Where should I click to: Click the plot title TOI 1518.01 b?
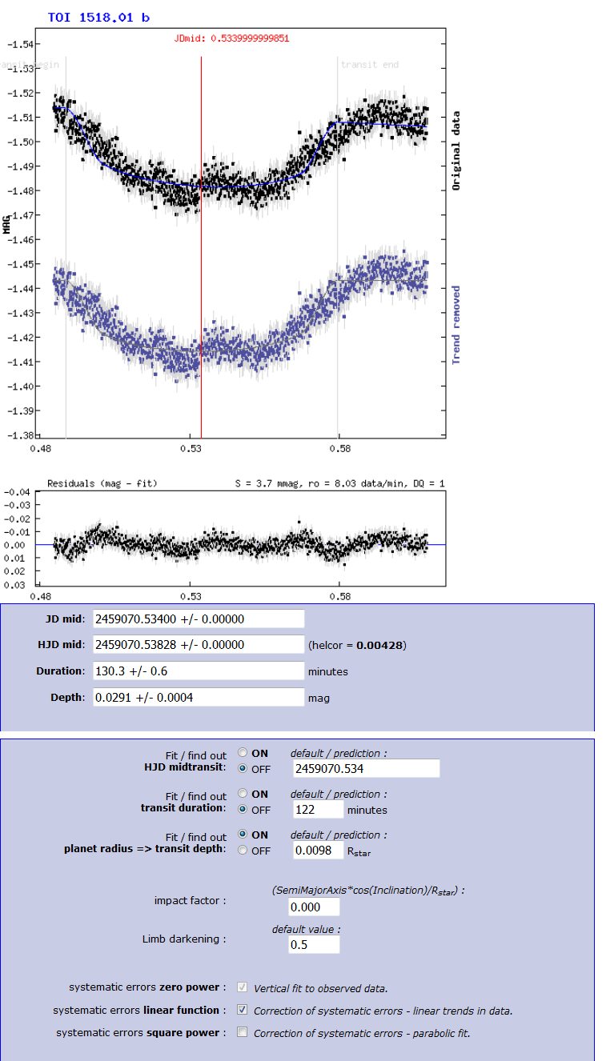click(98, 17)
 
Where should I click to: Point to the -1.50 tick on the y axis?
click(22, 142)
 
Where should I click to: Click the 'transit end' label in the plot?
click(369, 64)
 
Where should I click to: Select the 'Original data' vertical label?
click(457, 150)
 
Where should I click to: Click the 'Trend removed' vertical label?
click(457, 325)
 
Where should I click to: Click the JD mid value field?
click(199, 619)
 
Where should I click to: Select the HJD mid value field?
click(199, 644)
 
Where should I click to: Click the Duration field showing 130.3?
click(199, 671)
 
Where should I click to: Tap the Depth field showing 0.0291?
click(199, 697)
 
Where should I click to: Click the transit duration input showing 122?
click(317, 810)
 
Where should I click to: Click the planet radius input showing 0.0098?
click(317, 851)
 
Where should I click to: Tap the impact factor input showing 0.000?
click(314, 906)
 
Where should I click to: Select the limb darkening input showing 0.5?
click(314, 945)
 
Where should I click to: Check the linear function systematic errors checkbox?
click(243, 1011)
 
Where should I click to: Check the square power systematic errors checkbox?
click(243, 1033)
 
